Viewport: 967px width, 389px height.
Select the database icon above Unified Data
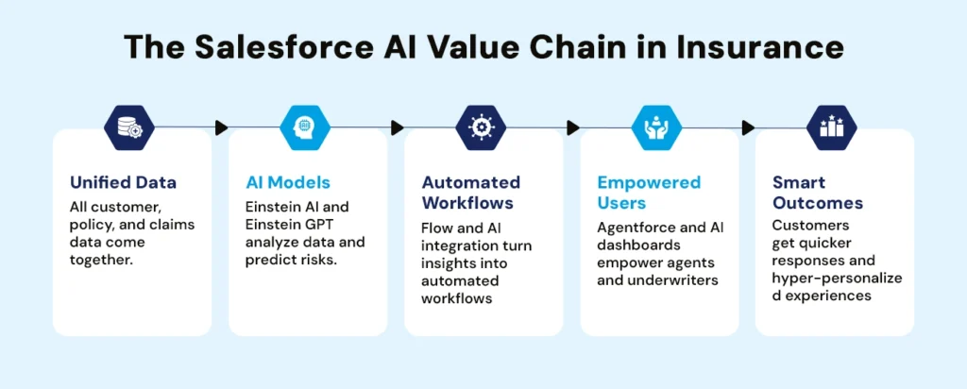point(128,127)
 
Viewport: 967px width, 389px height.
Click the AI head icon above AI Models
point(305,127)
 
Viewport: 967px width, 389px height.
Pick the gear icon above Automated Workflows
point(481,127)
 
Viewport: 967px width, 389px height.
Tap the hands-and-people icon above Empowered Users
point(656,127)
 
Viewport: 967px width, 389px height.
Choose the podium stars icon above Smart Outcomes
point(832,127)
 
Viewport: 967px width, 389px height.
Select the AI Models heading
point(282,183)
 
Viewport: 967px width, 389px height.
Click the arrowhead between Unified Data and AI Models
point(222,127)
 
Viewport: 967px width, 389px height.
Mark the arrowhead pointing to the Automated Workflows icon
point(398,127)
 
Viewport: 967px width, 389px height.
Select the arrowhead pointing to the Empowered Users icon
point(573,127)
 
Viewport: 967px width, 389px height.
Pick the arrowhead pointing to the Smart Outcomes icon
point(749,127)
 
